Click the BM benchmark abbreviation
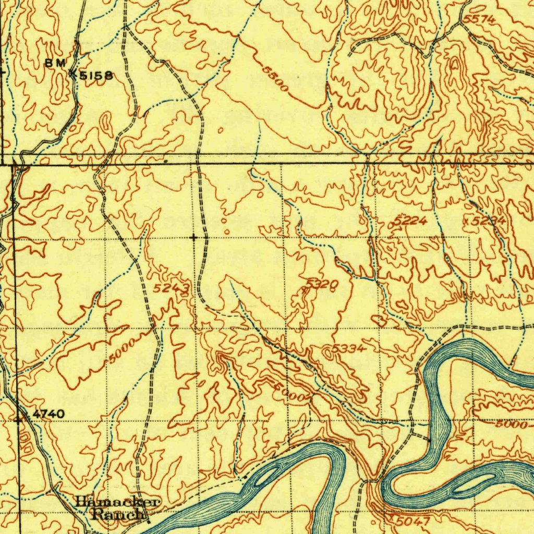click(x=55, y=63)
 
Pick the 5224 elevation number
click(x=410, y=221)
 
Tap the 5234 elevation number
click(x=488, y=221)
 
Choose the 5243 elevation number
click(x=171, y=289)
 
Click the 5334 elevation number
click(x=348, y=348)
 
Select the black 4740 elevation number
click(x=48, y=414)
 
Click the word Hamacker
click(x=117, y=502)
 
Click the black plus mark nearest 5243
click(x=195, y=238)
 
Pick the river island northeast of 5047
click(x=472, y=483)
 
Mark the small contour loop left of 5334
click(x=327, y=353)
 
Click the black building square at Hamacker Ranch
click(x=148, y=520)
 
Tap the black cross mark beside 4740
click(x=20, y=419)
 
